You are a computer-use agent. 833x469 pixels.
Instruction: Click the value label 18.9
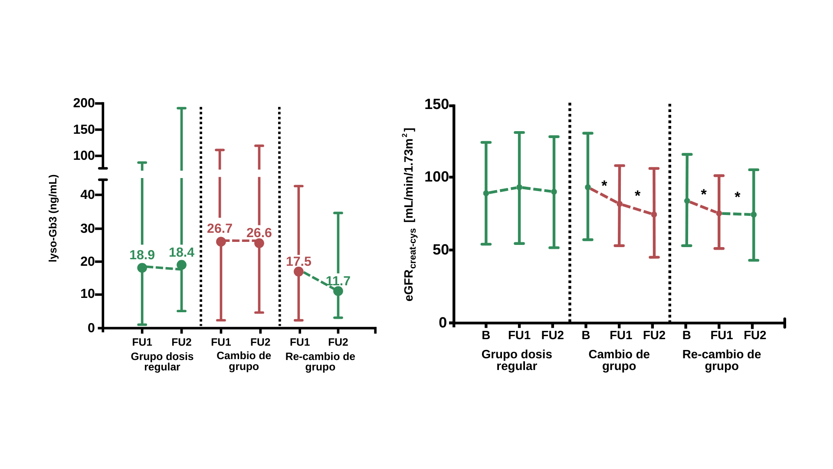click(x=142, y=255)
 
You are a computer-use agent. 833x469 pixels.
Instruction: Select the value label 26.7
click(x=220, y=228)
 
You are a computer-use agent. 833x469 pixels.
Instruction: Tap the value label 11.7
click(x=338, y=281)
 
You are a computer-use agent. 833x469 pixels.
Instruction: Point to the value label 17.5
click(x=298, y=261)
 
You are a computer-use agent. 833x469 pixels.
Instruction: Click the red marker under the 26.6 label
click(x=259, y=243)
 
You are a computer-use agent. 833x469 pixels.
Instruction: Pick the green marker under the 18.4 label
click(x=181, y=265)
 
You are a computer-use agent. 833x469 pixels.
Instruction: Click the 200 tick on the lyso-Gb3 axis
click(x=84, y=103)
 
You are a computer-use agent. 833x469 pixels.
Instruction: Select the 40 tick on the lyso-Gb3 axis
click(x=88, y=195)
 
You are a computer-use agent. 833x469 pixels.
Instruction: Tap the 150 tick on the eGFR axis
click(x=436, y=105)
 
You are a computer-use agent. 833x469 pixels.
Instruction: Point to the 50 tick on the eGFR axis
click(x=440, y=250)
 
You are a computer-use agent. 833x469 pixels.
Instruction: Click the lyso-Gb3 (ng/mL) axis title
click(x=53, y=218)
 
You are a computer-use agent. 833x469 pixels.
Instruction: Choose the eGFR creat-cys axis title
click(x=410, y=215)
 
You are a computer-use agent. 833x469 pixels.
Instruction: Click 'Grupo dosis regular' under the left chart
click(x=162, y=361)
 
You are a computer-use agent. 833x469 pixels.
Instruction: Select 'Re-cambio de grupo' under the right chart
click(x=721, y=360)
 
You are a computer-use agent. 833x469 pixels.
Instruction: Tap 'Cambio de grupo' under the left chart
click(x=244, y=361)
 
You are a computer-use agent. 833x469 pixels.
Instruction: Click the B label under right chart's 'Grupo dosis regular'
click(x=486, y=335)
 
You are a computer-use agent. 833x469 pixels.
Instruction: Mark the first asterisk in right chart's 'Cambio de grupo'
click(x=604, y=184)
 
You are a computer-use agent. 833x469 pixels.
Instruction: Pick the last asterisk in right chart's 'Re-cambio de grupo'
click(x=737, y=196)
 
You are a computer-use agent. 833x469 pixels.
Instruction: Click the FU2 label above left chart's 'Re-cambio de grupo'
click(x=338, y=342)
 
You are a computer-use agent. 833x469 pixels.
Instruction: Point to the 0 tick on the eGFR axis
click(x=443, y=323)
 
